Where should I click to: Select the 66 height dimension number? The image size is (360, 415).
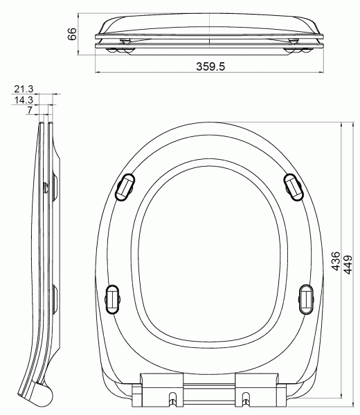(72, 35)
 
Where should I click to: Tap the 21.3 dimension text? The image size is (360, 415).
(23, 89)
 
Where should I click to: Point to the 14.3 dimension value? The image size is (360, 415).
(23, 100)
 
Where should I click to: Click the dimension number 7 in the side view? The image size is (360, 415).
(30, 111)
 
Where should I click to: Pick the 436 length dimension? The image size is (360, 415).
(335, 263)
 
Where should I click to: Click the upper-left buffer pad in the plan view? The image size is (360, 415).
(125, 187)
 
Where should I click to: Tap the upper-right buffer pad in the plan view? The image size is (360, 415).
(294, 186)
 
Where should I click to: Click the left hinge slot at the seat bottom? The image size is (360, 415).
(171, 399)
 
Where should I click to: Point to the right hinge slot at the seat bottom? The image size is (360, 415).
(246, 399)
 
